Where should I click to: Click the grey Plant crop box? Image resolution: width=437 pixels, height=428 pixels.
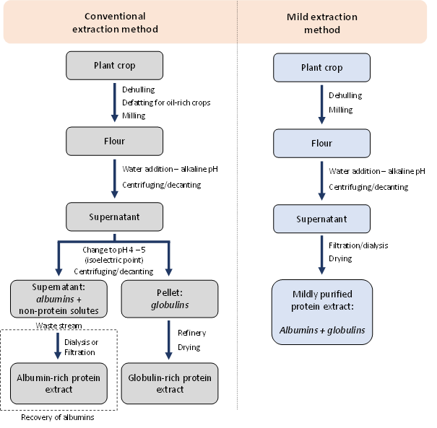[114, 66]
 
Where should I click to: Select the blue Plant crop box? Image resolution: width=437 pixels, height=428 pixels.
[321, 68]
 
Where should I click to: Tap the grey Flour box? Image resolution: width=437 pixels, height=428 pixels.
[114, 141]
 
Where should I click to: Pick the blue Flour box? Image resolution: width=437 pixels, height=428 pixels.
[321, 144]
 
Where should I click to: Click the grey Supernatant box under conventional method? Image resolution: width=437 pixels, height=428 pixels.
[114, 217]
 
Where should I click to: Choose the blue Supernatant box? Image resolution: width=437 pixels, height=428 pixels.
[321, 219]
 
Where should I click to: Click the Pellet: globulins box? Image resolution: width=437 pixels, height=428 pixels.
[169, 299]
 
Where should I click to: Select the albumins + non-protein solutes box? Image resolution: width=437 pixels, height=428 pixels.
[59, 299]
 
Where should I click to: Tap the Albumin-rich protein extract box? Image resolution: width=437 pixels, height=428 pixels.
[59, 383]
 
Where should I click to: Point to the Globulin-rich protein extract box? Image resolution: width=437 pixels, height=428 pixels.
[169, 383]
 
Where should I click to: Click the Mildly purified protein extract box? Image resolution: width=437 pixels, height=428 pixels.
[321, 312]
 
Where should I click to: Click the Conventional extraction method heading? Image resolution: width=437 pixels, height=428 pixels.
[115, 22]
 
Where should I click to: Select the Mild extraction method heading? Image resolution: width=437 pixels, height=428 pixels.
[321, 22]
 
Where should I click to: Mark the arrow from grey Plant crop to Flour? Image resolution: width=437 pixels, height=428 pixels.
[114, 103]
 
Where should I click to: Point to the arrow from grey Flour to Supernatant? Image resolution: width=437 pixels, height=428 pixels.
[114, 179]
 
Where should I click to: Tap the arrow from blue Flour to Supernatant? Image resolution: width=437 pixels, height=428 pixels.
[321, 181]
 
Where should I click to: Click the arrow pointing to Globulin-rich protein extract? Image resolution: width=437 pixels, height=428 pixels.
[169, 341]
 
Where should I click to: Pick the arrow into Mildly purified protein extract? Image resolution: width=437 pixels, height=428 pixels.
[321, 256]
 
